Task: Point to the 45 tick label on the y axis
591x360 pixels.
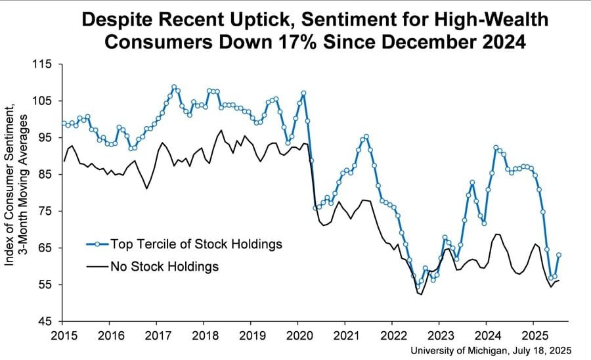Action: pos(49,321)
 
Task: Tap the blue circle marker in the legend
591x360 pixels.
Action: pos(97,244)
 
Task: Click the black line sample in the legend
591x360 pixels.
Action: pos(97,266)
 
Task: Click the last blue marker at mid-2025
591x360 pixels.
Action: pos(559,255)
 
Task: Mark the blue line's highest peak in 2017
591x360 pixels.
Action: pos(174,87)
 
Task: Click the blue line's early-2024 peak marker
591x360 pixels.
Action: pos(496,148)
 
